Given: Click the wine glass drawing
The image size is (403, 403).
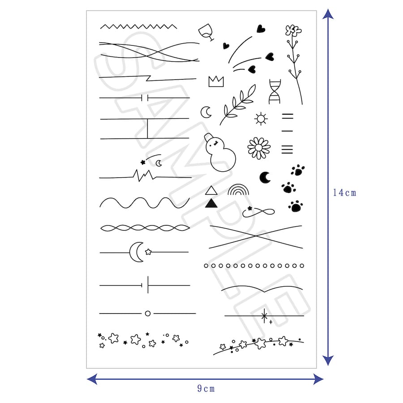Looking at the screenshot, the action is coord(206,32).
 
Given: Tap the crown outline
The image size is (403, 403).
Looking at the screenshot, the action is coord(216,82).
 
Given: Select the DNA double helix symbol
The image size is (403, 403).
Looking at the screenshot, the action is coord(274,91).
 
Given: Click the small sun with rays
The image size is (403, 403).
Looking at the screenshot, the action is coord(261,119).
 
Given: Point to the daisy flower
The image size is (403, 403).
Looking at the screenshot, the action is coord(259,148).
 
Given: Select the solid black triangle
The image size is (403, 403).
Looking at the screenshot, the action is coord(211,203).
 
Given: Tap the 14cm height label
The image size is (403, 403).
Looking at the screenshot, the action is coord(344,193).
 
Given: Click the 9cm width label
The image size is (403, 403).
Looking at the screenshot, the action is coord(206,388).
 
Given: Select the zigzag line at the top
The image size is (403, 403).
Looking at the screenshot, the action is coord(138,26).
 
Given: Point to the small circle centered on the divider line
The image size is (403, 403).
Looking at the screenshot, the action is coord(148,313).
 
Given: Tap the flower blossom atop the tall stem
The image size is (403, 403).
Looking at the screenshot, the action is coord(293,30).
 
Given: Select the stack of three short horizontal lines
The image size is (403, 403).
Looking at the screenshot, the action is coord(287,149).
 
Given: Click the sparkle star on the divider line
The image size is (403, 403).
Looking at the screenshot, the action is coord(264,316).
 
